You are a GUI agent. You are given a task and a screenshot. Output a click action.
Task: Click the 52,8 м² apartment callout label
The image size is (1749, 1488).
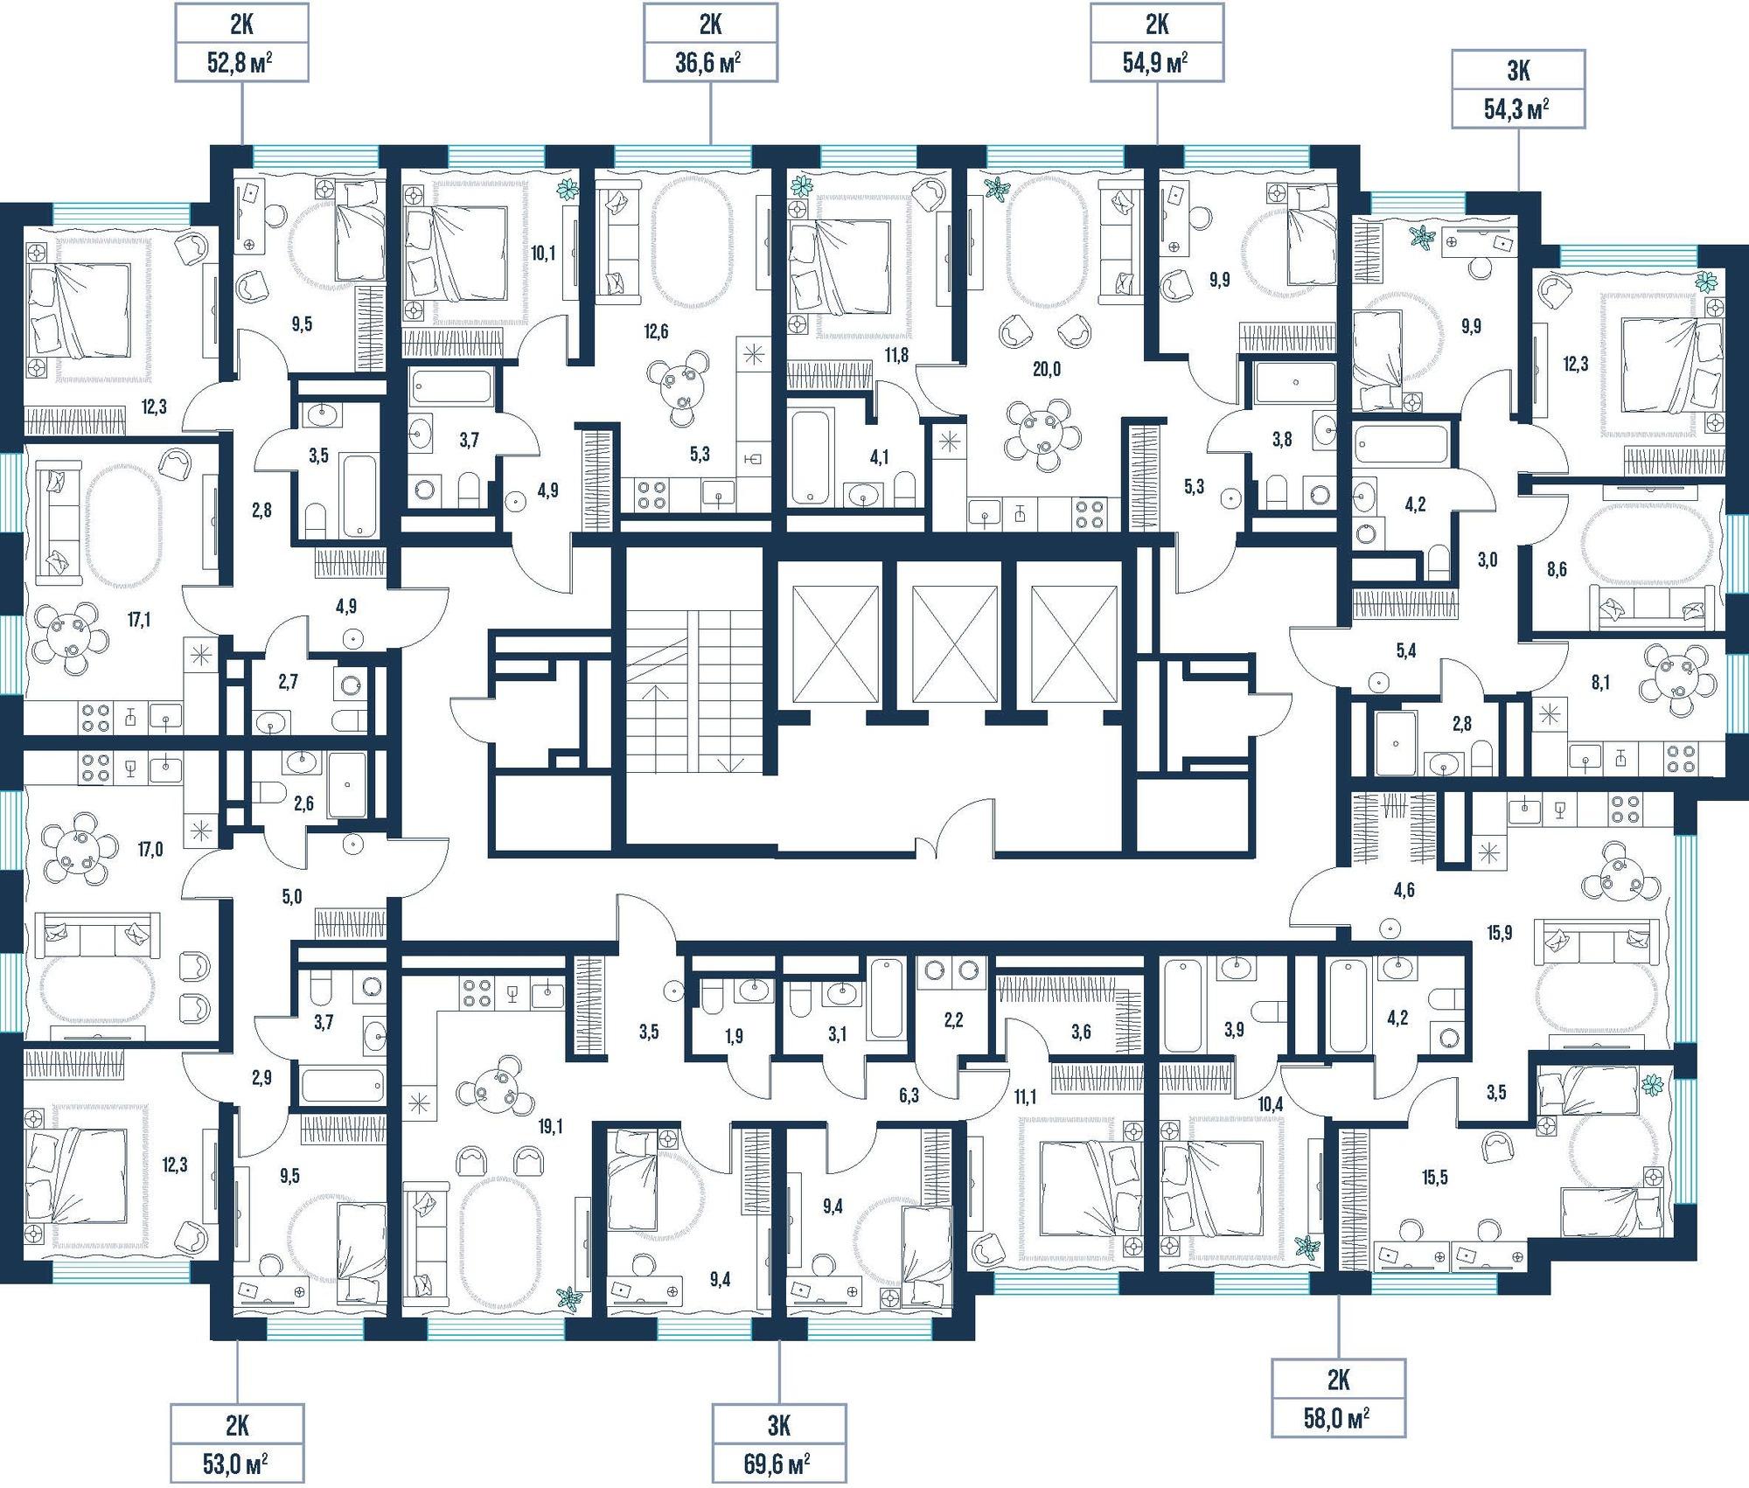click(x=241, y=43)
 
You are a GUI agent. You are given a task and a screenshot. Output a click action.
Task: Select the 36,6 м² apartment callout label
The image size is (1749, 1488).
click(x=710, y=43)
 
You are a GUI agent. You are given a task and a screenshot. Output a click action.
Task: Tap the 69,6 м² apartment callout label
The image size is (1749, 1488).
click(x=779, y=1443)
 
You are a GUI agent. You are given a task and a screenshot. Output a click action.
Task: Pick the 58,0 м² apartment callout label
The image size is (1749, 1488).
click(x=1338, y=1398)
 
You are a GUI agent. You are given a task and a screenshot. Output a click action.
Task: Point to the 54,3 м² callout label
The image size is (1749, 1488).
click(x=1518, y=89)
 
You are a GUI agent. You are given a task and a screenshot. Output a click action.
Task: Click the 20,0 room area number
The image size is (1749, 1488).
click(x=1046, y=369)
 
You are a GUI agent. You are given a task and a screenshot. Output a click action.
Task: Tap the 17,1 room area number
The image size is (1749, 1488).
click(x=139, y=620)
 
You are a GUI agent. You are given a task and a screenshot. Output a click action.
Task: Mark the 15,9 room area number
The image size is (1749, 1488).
click(x=1499, y=933)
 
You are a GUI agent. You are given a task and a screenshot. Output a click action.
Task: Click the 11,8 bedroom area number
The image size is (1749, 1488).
click(x=896, y=355)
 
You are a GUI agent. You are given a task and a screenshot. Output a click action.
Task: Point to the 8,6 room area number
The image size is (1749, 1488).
click(x=1556, y=570)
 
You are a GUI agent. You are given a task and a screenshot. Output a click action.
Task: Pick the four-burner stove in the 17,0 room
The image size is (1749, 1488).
click(x=94, y=767)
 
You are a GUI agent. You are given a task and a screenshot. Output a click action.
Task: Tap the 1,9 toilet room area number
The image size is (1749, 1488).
click(x=734, y=1036)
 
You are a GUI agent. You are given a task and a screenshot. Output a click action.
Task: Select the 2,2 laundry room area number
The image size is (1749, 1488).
click(x=953, y=1019)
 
